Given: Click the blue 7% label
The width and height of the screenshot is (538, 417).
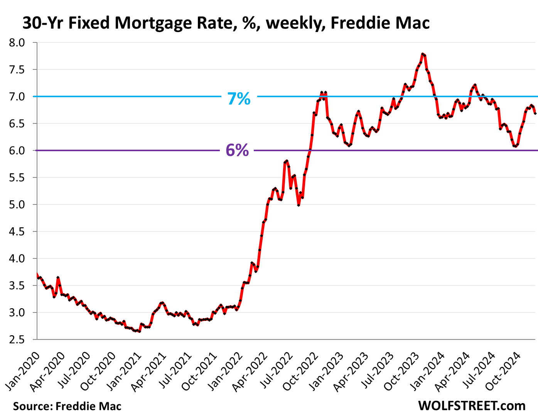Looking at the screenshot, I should pos(239,99).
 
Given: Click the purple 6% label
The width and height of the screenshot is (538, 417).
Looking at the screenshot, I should pos(237,150).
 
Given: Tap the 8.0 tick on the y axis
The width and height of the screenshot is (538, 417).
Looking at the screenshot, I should pos(17,42).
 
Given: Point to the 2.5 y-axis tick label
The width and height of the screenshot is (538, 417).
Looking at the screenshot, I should pos(17,339).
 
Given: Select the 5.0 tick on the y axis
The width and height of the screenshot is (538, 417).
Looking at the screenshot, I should pos(17,204).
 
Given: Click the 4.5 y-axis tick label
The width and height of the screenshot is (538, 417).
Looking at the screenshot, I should pos(17,231).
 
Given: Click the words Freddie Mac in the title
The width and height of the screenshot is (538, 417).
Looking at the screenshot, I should pos(380,23).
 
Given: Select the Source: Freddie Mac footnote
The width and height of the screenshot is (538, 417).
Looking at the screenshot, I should pos(67,406).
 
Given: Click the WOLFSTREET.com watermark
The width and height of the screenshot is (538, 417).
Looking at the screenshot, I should pos(471,406).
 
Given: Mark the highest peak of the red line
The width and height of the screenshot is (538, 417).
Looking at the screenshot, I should pos(423,54).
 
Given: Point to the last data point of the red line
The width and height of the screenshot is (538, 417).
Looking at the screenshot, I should pos(535,113).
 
